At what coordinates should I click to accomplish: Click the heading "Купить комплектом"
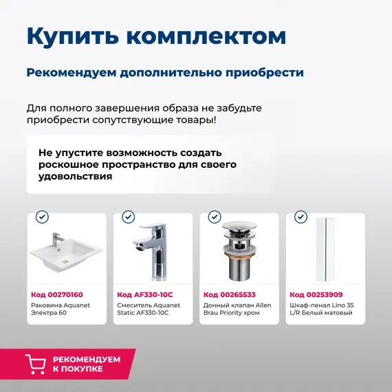(x=156, y=36)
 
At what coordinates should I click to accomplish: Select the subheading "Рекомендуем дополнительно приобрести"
(x=165, y=72)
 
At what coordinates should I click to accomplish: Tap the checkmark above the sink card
(x=42, y=217)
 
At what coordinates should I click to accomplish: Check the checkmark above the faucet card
(x=128, y=217)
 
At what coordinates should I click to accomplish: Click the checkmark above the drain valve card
(x=214, y=217)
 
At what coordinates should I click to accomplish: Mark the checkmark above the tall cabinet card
(x=300, y=217)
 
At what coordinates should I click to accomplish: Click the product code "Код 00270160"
(x=56, y=294)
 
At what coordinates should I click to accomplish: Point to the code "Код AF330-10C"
(x=144, y=294)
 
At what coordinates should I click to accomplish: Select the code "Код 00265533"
(x=229, y=294)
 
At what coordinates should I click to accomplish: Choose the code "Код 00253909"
(x=315, y=294)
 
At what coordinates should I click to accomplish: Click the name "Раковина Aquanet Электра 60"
(x=61, y=308)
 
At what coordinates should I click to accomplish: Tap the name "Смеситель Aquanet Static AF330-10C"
(x=147, y=308)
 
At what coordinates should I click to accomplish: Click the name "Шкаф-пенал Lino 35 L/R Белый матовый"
(x=322, y=308)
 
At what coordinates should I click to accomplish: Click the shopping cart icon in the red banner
(x=36, y=364)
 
